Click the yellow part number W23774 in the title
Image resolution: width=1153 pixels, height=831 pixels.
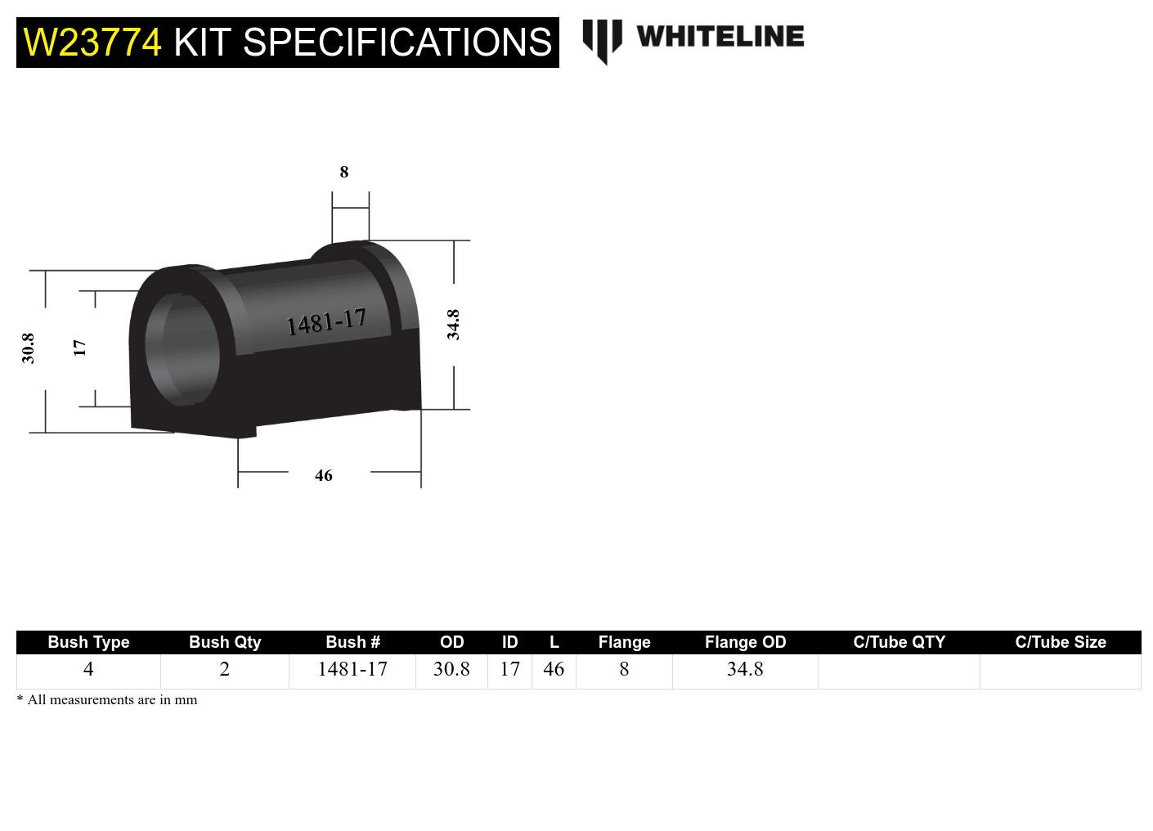[x=92, y=42]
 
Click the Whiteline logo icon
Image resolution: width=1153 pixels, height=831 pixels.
[x=602, y=40]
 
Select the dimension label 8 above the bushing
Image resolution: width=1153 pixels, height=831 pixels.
[x=344, y=172]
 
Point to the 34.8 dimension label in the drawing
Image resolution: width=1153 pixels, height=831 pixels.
[x=453, y=325]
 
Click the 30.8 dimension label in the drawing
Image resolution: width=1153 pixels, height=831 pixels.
[x=29, y=348]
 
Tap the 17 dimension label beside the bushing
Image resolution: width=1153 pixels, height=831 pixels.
[x=79, y=348]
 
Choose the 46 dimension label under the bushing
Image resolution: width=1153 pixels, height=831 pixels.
[x=324, y=475]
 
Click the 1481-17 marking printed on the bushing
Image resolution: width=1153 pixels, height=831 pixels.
[x=326, y=322]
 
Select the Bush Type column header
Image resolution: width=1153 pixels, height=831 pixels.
[x=88, y=642]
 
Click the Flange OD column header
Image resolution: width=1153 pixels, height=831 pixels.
[x=745, y=642]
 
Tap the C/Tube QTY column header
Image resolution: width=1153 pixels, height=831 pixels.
[x=899, y=642]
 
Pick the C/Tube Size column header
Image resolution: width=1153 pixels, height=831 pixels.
[x=1060, y=642]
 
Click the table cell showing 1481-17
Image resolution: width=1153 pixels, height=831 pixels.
[x=352, y=669]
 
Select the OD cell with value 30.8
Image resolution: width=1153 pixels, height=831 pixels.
[x=451, y=669]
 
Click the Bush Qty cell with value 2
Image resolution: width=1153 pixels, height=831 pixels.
[x=225, y=669]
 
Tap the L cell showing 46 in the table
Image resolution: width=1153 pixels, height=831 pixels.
[x=554, y=669]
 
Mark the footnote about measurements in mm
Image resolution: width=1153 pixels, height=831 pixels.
[x=107, y=700]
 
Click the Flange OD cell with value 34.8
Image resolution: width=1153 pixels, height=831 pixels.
[x=745, y=669]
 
